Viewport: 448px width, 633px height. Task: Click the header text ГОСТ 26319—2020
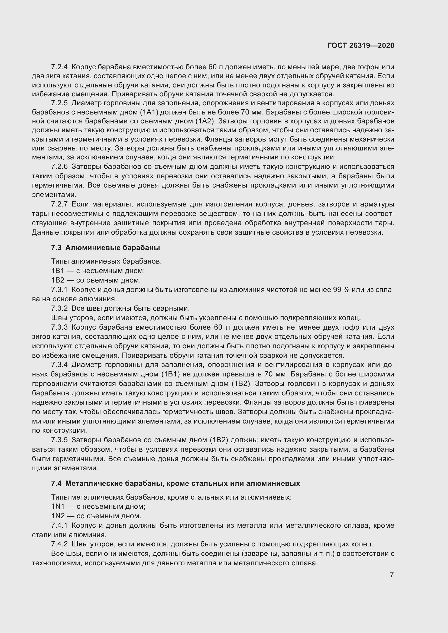(x=361, y=45)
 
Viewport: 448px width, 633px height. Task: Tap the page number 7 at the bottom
(x=392, y=575)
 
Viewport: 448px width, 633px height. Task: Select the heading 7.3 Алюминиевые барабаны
(x=105, y=248)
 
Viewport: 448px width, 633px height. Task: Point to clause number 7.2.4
(x=59, y=67)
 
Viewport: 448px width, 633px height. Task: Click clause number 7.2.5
(x=59, y=103)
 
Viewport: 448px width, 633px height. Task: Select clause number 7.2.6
(x=59, y=167)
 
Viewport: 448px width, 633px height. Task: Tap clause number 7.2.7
(x=59, y=204)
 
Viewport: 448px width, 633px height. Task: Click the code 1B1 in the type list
(x=58, y=271)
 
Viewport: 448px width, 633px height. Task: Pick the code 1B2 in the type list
(x=58, y=280)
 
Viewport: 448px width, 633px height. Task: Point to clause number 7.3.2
(x=59, y=308)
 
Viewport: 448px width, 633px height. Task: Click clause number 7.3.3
(x=59, y=327)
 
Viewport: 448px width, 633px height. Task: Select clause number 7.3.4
(x=59, y=365)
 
